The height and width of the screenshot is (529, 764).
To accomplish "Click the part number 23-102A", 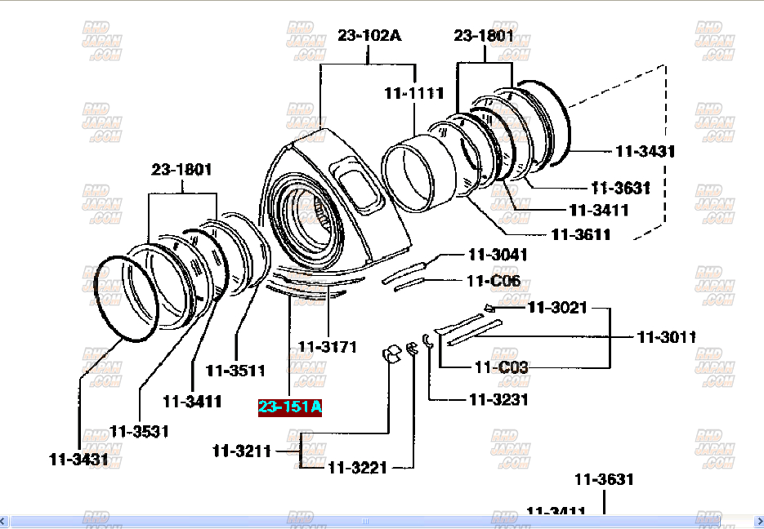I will [369, 35].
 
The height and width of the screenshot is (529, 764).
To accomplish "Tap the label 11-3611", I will [581, 234].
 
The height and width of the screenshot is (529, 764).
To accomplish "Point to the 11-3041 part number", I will [498, 254].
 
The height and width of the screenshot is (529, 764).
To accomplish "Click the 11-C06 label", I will [494, 281].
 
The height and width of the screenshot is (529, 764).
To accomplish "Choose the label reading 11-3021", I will [557, 308].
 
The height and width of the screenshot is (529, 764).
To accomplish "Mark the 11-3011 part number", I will [666, 336].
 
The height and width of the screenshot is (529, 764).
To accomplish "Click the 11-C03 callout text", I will [501, 367].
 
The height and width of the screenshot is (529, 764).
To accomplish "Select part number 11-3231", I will [498, 399].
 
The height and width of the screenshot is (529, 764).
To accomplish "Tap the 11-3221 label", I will [358, 468].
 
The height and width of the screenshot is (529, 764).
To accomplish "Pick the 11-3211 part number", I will [242, 450].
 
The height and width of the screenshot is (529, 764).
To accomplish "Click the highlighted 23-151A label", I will [290, 407].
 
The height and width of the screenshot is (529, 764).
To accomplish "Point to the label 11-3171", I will [327, 347].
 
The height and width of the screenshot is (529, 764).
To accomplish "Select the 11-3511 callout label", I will [235, 370].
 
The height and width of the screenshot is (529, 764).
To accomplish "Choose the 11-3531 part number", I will [139, 431].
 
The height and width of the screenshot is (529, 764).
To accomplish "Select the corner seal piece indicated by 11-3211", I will [391, 354].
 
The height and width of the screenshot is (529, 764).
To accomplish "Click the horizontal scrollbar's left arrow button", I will [6, 521].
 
